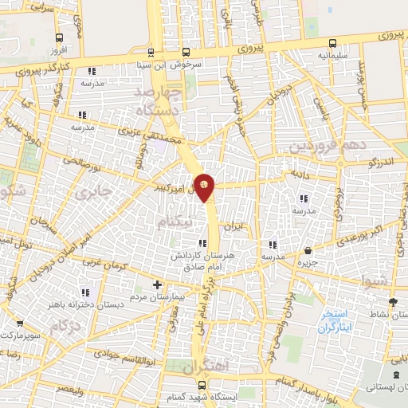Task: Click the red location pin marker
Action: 205,186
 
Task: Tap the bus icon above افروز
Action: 60,37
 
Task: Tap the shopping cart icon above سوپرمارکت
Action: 19,324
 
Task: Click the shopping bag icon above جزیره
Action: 308,252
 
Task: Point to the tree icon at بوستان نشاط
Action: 393,302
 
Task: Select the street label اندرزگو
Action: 365,162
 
